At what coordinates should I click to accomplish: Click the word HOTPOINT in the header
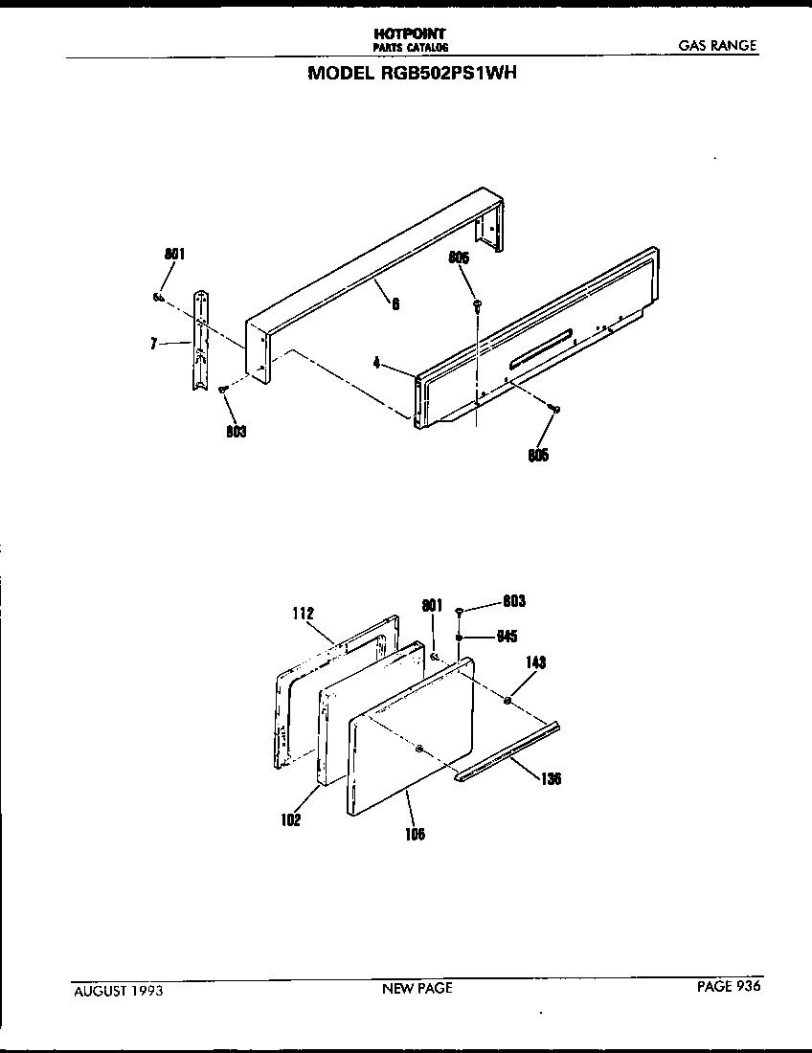pyautogui.click(x=410, y=34)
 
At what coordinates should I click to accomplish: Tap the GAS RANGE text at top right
pyautogui.click(x=718, y=45)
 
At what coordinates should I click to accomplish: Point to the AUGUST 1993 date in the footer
pyautogui.click(x=118, y=991)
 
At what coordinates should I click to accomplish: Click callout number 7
pyautogui.click(x=153, y=344)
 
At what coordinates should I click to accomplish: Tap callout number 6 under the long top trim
pyautogui.click(x=395, y=305)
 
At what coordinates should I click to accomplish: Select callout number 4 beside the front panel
pyautogui.click(x=377, y=363)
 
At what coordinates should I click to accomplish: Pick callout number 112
pyautogui.click(x=305, y=613)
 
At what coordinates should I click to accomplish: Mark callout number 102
pyautogui.click(x=291, y=819)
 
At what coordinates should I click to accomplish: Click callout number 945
pyautogui.click(x=507, y=637)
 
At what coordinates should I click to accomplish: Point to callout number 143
pyautogui.click(x=534, y=662)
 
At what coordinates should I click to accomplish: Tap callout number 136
pyautogui.click(x=550, y=778)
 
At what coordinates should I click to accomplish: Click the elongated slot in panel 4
pyautogui.click(x=541, y=347)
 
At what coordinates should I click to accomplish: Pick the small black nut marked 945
pyautogui.click(x=461, y=637)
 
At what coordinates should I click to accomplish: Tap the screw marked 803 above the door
pyautogui.click(x=461, y=610)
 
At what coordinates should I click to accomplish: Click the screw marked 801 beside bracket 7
pyautogui.click(x=157, y=298)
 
